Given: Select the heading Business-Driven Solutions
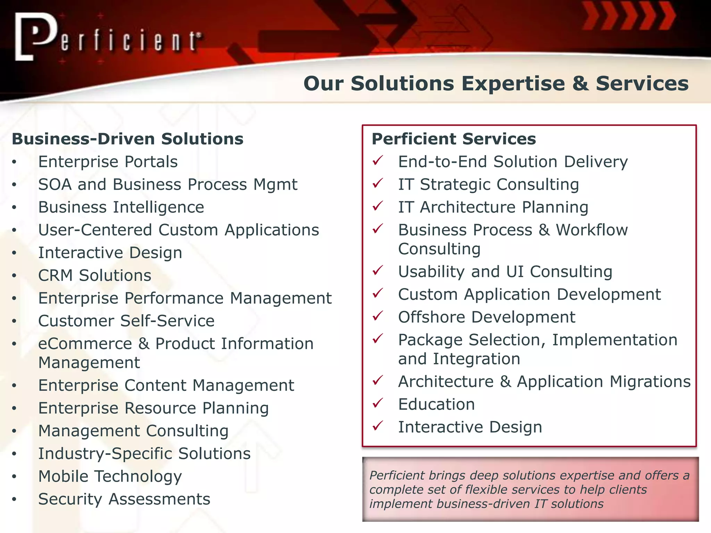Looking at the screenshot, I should [127, 139].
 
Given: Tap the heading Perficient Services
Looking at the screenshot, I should [454, 139].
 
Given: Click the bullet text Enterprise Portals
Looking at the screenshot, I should [108, 162].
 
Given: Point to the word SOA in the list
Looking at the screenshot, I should [55, 184].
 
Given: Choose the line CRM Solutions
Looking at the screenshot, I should [94, 276].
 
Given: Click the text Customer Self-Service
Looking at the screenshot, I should [126, 321].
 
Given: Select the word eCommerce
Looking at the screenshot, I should [85, 344].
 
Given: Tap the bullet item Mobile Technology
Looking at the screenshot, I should [110, 476].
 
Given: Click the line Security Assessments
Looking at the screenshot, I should [124, 499].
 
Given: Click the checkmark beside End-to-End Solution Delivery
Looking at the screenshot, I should [377, 161].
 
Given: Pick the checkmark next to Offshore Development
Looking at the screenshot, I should [377, 316].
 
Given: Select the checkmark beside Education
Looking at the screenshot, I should [377, 403].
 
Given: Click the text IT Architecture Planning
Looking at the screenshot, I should [493, 207].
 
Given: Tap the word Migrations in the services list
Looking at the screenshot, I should [650, 382].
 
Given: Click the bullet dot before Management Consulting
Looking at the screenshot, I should [14, 431].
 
